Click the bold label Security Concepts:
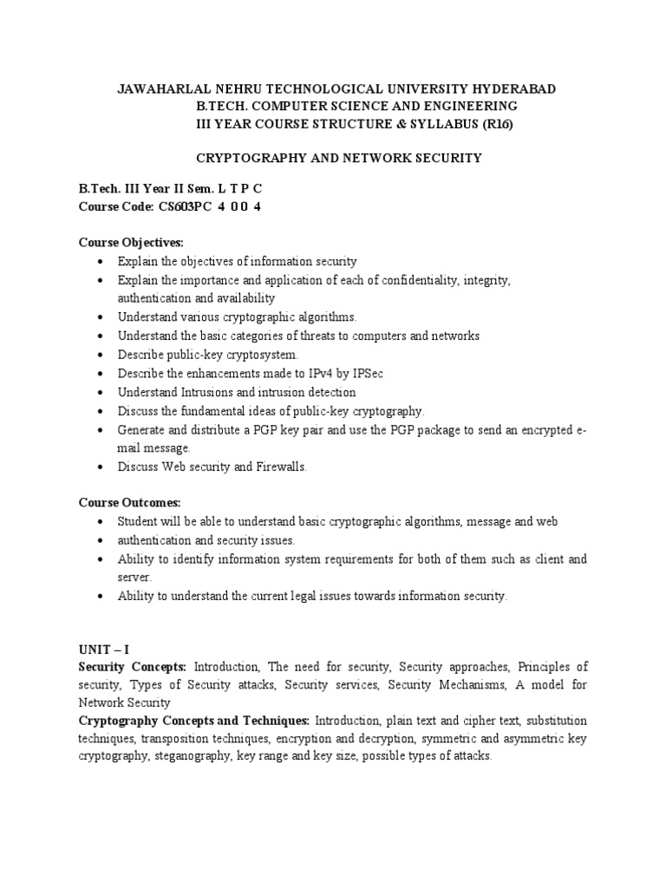tap(134, 667)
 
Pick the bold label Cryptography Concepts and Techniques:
tap(194, 721)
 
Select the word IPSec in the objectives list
tap(365, 372)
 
